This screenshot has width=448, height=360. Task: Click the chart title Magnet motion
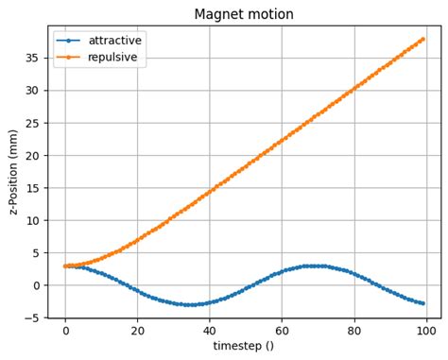coord(244,14)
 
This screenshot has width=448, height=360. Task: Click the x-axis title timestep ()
coord(244,347)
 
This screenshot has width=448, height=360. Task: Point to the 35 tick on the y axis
coord(35,58)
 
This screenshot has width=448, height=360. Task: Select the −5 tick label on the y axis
coord(33,317)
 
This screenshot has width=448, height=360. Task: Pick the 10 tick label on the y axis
coord(35,220)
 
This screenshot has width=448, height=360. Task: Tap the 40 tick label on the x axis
coord(210,332)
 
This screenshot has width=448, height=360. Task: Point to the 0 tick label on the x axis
coord(65,332)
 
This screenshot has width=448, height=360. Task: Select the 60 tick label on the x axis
coord(282,332)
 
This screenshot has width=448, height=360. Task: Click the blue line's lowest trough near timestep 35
coord(191,304)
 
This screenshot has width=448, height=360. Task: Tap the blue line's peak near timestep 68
coord(311,266)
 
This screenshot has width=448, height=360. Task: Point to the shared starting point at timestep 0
coord(65,266)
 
